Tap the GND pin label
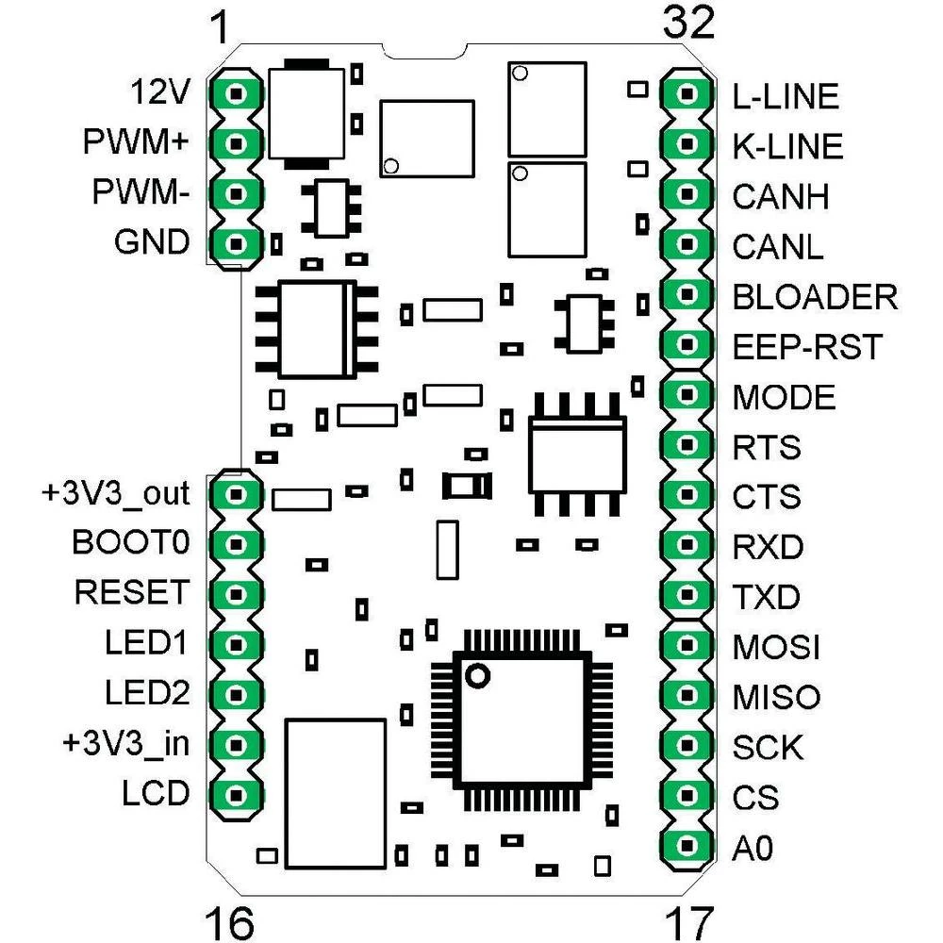151,243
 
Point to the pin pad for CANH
686,195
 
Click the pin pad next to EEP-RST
686,345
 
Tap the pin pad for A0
686,847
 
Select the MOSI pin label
776,648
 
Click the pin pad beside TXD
686,596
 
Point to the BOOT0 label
131,543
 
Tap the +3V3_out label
115,493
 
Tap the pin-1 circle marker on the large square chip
478,675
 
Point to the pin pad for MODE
686,395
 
